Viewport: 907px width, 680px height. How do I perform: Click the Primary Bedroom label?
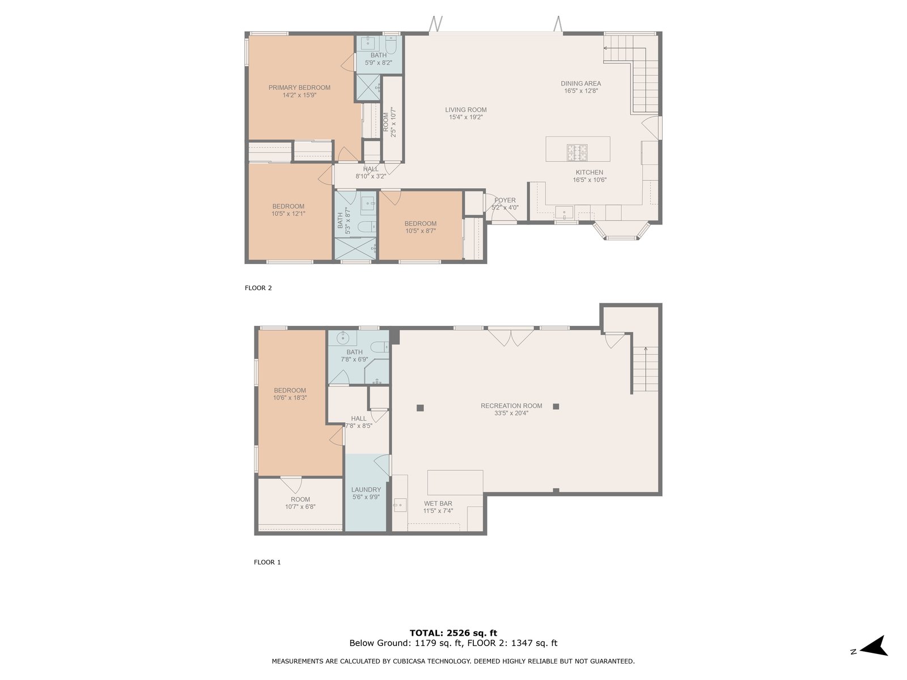(x=299, y=87)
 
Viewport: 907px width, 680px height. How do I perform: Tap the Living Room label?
(x=466, y=110)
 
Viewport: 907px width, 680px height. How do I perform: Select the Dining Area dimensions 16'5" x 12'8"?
(x=581, y=91)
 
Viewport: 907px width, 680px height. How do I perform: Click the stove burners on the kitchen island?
(x=577, y=152)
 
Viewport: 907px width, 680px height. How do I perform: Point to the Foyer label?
(x=505, y=200)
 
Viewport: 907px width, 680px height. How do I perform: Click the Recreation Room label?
(x=511, y=406)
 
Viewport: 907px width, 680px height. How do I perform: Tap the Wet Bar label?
(x=438, y=503)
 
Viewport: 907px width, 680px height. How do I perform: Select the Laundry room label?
(x=366, y=490)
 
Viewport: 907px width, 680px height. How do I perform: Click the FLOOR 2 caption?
(x=258, y=288)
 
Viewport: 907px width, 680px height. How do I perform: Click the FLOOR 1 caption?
(x=268, y=562)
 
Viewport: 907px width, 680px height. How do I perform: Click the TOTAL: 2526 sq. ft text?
(x=453, y=633)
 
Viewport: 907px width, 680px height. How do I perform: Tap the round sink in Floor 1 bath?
(x=342, y=338)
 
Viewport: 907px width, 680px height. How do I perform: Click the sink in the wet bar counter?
(x=400, y=505)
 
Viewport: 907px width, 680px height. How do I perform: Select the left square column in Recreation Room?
(x=420, y=408)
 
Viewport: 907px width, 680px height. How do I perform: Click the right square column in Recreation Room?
(x=556, y=407)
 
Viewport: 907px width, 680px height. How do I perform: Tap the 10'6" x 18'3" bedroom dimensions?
(x=290, y=398)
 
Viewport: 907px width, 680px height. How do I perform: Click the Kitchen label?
(x=590, y=173)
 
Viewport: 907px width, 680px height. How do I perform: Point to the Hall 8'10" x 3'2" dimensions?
(x=371, y=176)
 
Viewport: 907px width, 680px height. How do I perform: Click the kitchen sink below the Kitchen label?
(x=564, y=212)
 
